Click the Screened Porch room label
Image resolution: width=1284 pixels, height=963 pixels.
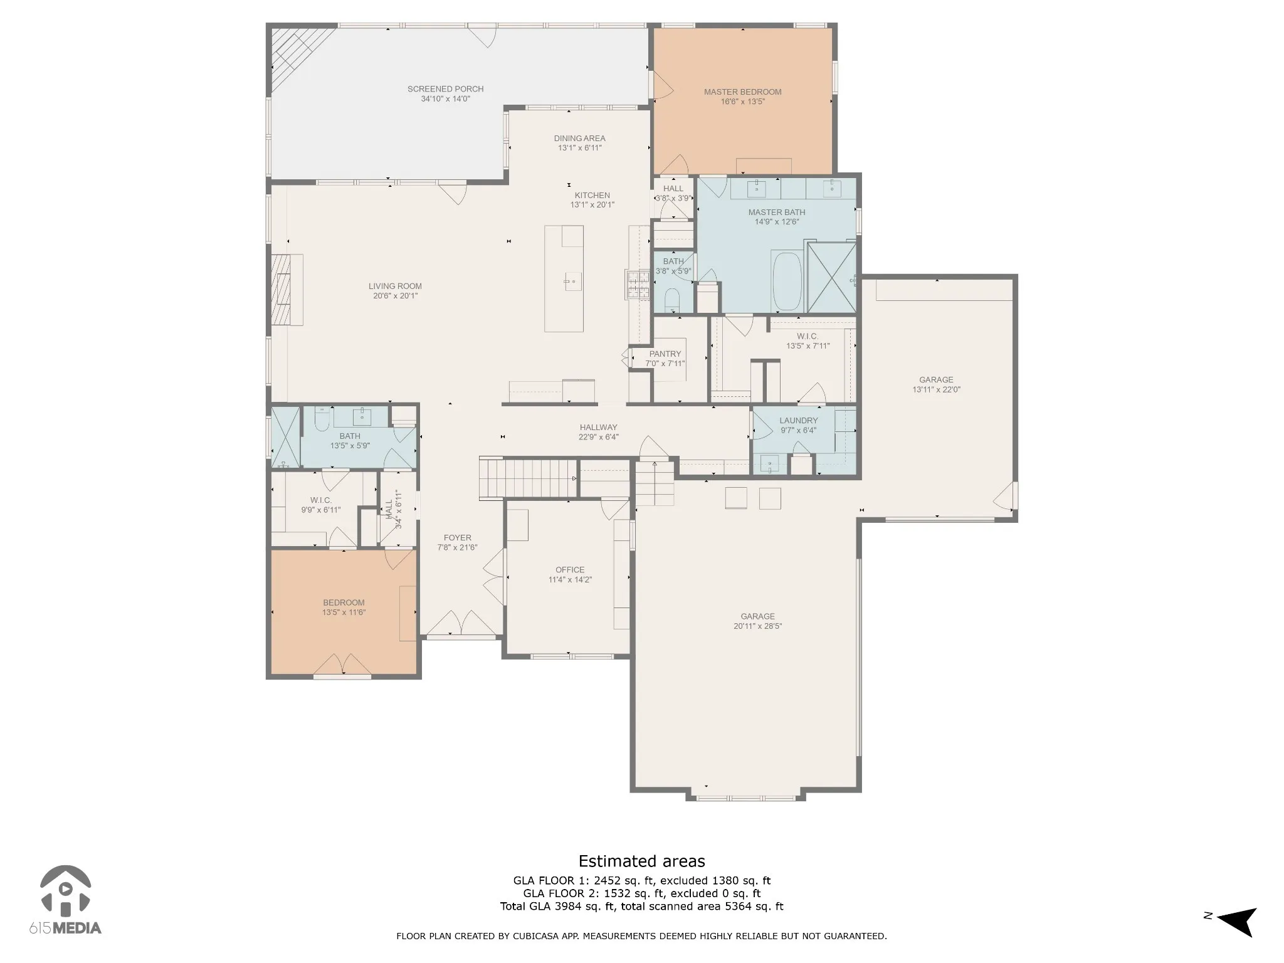click(445, 89)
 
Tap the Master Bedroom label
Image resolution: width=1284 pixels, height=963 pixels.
click(742, 92)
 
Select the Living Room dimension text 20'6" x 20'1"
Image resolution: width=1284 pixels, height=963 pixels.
click(395, 296)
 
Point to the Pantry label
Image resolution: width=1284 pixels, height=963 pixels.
click(665, 354)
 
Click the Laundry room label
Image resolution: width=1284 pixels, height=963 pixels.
click(799, 421)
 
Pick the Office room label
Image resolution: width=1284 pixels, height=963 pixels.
click(570, 571)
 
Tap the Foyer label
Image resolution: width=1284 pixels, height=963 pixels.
click(458, 538)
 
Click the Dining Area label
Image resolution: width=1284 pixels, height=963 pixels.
click(580, 139)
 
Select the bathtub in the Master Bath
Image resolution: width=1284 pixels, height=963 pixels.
click(787, 282)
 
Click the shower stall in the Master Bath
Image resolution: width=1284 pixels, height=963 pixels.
click(831, 278)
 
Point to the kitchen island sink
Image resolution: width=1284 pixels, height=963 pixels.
click(573, 282)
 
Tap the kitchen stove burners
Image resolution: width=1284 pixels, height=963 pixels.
click(637, 284)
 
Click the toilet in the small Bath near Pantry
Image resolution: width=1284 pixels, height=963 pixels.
click(671, 300)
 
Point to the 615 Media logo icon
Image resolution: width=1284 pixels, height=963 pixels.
click(65, 890)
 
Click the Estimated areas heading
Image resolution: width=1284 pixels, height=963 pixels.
click(641, 861)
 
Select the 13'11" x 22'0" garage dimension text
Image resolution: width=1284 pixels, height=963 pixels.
click(936, 390)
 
